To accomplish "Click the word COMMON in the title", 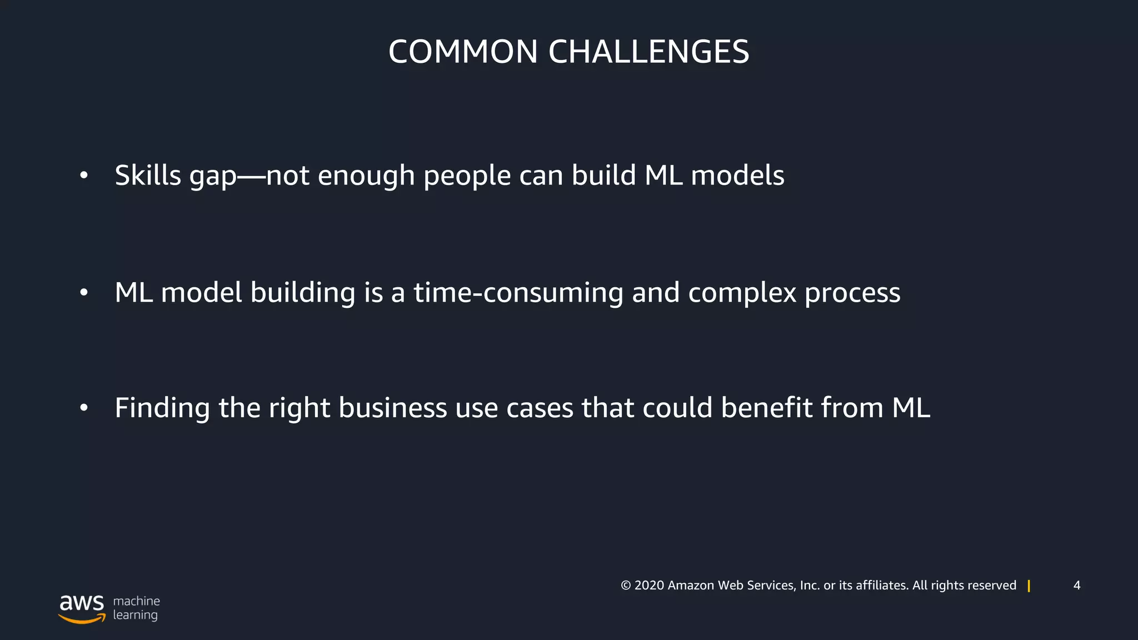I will click(x=463, y=52).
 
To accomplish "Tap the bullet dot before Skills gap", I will click(x=84, y=176).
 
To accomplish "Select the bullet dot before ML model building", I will click(x=84, y=292).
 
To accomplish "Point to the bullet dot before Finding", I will click(x=84, y=408).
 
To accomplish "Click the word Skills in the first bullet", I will click(x=148, y=176).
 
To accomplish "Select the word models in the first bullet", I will click(x=737, y=176).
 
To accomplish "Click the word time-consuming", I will click(x=518, y=293).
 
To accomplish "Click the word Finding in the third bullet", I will click(x=162, y=408).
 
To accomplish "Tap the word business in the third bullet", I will click(x=393, y=408).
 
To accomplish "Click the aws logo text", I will click(x=82, y=602).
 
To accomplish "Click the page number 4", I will click(x=1077, y=586).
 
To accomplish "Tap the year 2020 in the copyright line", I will click(x=649, y=586).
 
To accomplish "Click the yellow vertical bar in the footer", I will click(x=1029, y=586).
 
